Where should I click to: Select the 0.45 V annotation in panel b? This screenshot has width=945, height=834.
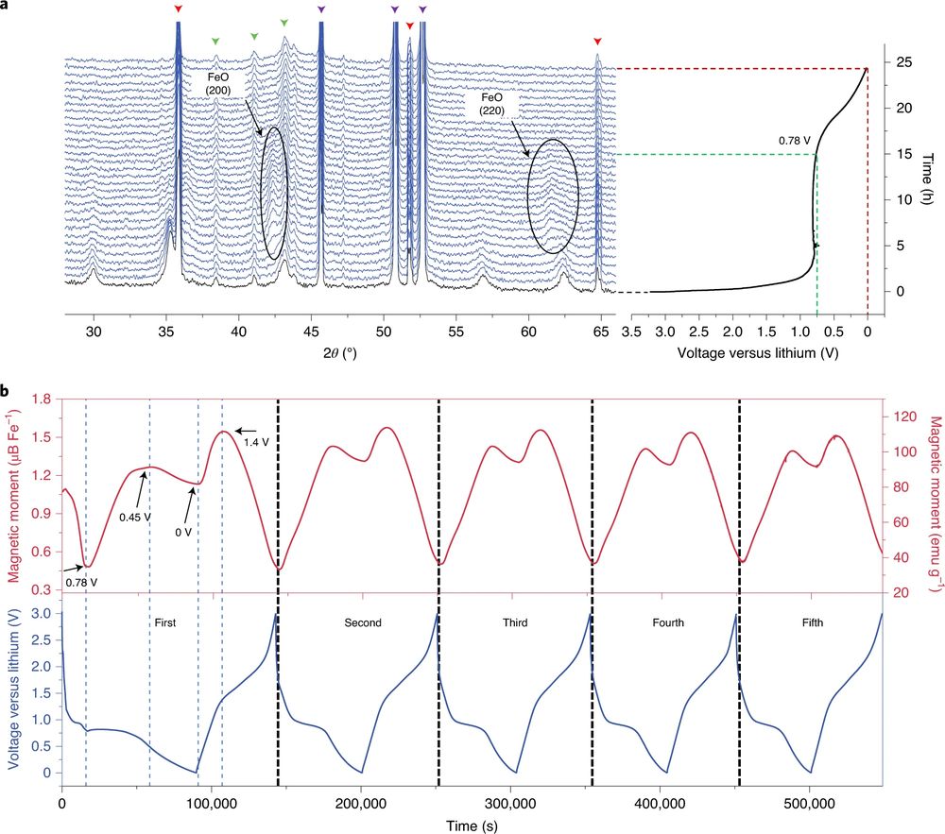click(135, 516)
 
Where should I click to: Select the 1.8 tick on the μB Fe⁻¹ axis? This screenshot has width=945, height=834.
click(41, 400)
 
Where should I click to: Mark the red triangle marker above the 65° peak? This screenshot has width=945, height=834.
click(597, 42)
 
